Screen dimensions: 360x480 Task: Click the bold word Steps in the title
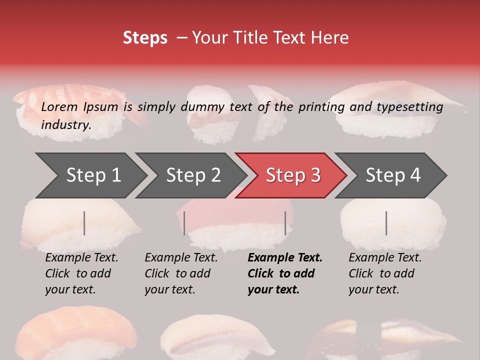click(x=145, y=38)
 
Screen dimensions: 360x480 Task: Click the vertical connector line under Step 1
click(x=84, y=223)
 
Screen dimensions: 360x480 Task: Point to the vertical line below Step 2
click(x=184, y=223)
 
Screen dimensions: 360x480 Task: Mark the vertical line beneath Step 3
click(x=285, y=223)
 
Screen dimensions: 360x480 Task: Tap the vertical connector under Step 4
click(x=386, y=223)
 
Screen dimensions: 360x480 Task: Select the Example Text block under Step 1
click(x=81, y=273)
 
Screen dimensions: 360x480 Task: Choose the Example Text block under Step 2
click(x=180, y=273)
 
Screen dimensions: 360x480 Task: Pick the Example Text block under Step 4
click(x=384, y=273)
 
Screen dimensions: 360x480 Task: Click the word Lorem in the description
click(x=59, y=107)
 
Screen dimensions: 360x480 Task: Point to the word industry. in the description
click(x=66, y=125)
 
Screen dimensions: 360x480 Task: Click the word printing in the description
click(x=322, y=107)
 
